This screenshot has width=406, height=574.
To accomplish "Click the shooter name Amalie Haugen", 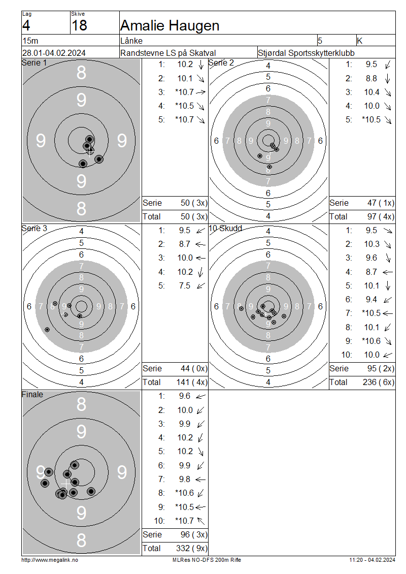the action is coord(170,25).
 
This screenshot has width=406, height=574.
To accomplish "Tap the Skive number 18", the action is coord(79,25).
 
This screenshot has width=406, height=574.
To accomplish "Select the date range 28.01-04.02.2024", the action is coord(54,53).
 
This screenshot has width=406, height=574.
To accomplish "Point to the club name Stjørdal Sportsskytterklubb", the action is coord(306,53).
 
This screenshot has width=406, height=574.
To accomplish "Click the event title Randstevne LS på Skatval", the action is coord(168,53).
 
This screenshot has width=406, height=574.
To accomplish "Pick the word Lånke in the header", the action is coord(131,41).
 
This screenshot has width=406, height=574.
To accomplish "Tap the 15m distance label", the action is coord(30,41).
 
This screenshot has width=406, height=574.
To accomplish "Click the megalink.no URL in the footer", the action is coord(50,560).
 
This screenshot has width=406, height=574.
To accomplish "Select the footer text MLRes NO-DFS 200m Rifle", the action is coord(207,560).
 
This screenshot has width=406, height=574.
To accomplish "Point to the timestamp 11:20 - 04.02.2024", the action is coord(372,560).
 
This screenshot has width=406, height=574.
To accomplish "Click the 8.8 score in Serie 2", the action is coord(371,78).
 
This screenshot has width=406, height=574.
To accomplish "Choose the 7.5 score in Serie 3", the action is coord(184,285).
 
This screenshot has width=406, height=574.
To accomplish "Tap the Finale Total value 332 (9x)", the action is coord(192,548).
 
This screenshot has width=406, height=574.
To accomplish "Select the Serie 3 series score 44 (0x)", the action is coord(194,369).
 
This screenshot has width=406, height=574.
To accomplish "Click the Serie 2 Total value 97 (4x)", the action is coord(381,217).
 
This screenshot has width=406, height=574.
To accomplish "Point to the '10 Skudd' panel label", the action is coord(225,229).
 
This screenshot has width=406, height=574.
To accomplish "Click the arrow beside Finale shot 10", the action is coord(201,521).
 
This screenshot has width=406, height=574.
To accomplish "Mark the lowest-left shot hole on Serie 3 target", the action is coord(47,330).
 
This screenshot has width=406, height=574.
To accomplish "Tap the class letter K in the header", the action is coord(359,41).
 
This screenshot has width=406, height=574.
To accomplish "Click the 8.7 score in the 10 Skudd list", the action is coord(371,272).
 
